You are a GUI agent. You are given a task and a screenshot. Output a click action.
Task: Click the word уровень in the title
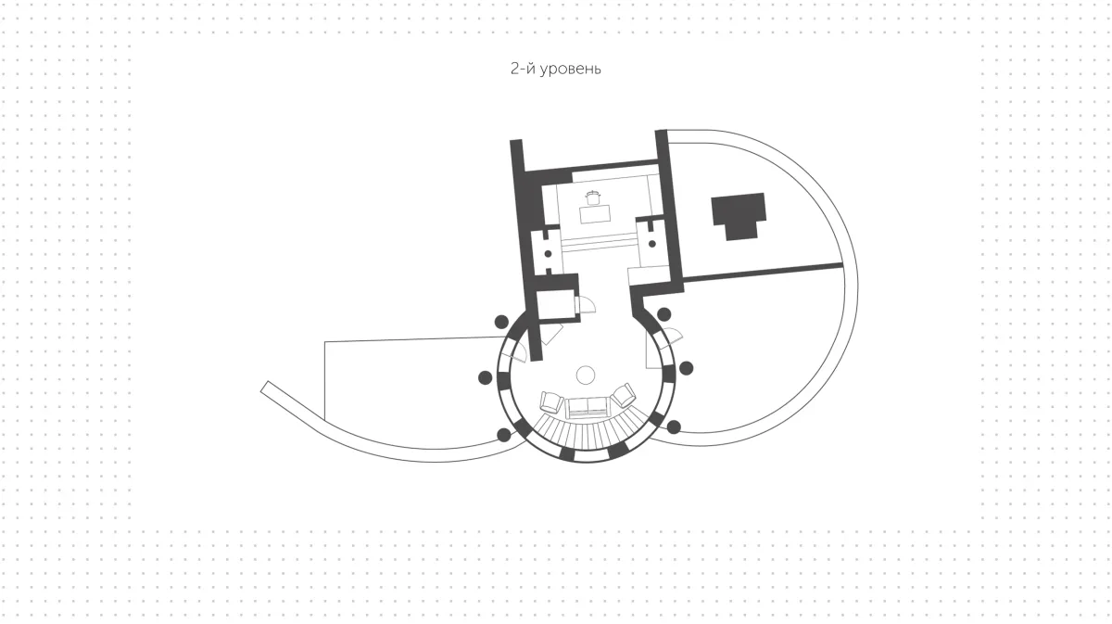pyautogui.click(x=571, y=69)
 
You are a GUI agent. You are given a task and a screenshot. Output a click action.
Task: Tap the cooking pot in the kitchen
pyautogui.click(x=593, y=197)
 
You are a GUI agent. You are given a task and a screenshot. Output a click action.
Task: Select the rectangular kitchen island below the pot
pyautogui.click(x=596, y=214)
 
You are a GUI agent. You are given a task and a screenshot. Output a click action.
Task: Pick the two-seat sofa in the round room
pyautogui.click(x=587, y=407)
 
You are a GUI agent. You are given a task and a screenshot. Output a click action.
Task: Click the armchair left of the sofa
pyautogui.click(x=550, y=401)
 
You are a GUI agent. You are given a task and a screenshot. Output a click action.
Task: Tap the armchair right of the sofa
pyautogui.click(x=624, y=395)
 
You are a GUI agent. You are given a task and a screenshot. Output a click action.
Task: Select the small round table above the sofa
pyautogui.click(x=586, y=375)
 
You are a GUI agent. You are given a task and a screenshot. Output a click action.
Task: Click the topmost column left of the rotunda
pyautogui.click(x=501, y=322)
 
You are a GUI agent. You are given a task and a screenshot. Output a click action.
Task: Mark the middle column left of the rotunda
pyautogui.click(x=485, y=377)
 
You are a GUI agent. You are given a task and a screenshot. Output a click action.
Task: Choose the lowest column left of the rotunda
pyautogui.click(x=504, y=435)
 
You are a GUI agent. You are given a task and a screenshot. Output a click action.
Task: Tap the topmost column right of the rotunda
pyautogui.click(x=664, y=314)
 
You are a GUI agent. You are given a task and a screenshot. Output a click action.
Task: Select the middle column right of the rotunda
pyautogui.click(x=686, y=368)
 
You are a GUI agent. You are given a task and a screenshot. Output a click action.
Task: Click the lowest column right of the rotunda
pyautogui.click(x=674, y=427)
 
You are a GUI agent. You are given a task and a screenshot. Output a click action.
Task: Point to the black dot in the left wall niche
pyautogui.click(x=548, y=254)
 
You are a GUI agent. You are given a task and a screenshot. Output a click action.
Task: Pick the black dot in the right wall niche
pyautogui.click(x=651, y=244)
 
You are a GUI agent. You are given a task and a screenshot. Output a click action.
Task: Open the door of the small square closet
pyautogui.click(x=585, y=303)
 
